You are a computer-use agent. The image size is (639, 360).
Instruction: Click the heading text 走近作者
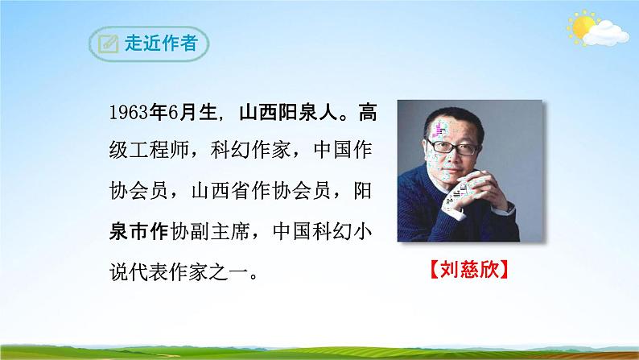pos(156,43)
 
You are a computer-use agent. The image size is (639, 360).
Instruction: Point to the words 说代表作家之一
pos(178,271)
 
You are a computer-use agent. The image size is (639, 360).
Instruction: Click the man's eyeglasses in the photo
pos(447,147)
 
